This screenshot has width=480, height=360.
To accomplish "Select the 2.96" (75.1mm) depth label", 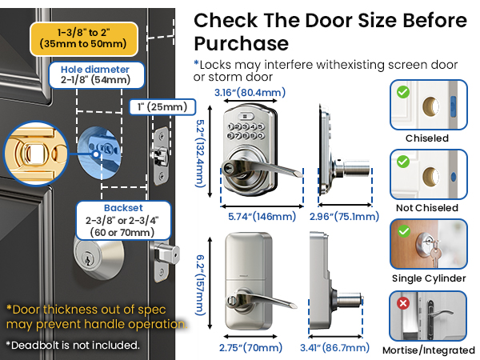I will pos(343,216).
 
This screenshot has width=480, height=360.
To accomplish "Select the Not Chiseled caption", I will pos(426,208).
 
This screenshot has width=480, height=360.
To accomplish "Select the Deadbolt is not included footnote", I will pos(73,346).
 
